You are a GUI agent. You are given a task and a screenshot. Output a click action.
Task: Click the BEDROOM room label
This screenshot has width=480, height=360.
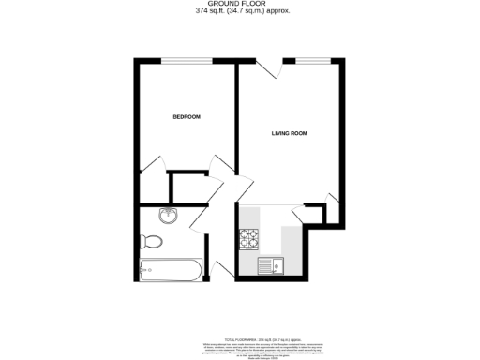(x=187, y=117)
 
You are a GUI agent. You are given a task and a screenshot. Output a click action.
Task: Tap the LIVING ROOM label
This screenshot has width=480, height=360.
(x=290, y=134)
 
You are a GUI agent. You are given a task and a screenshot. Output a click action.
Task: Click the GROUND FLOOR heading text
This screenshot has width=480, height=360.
(x=239, y=5)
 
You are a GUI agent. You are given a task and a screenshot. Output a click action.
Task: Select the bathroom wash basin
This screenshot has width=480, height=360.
(x=169, y=216)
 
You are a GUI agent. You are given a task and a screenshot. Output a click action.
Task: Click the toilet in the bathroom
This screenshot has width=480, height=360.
(x=155, y=242)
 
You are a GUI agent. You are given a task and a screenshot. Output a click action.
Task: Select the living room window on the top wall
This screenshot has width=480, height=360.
(x=310, y=63)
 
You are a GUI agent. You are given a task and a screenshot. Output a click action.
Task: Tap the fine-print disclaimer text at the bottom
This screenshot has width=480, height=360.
(x=239, y=348)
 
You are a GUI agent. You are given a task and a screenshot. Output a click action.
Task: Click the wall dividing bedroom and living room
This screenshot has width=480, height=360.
(x=235, y=117)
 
